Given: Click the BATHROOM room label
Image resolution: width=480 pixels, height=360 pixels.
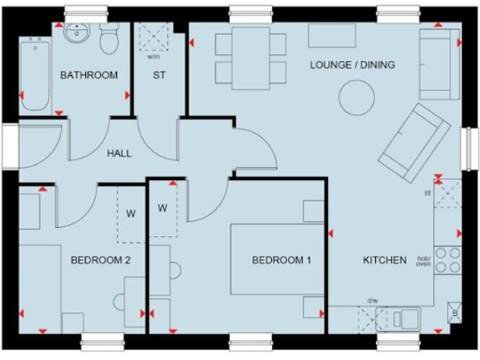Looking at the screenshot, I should click(x=88, y=75).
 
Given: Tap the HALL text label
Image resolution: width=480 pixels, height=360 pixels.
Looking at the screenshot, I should click(x=119, y=154).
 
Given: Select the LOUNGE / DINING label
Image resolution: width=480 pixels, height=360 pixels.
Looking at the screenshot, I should click(x=353, y=65).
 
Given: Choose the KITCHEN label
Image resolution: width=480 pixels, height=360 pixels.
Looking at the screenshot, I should click(x=384, y=261).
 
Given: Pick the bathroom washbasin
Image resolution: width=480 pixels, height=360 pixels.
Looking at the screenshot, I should click(x=75, y=35).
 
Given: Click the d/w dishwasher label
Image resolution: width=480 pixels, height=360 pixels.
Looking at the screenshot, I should click(x=372, y=301).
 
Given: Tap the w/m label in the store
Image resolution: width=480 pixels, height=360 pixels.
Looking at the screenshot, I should click(x=153, y=55).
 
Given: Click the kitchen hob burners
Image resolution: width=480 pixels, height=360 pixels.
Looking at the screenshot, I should click(x=448, y=261).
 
